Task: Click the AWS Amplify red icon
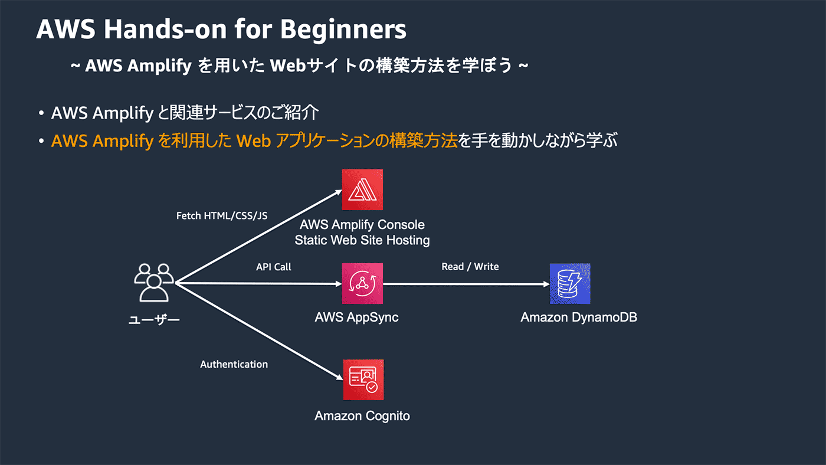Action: (362, 189)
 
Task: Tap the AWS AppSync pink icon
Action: (362, 283)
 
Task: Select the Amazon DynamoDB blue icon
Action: (569, 283)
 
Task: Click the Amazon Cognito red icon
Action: (363, 380)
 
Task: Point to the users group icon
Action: (153, 282)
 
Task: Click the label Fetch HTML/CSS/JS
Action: (222, 216)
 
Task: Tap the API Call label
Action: (274, 267)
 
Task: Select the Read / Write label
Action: (470, 267)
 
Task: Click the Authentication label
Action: (234, 364)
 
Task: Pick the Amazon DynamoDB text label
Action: (579, 317)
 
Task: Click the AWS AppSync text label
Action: (356, 317)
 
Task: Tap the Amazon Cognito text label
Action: (362, 416)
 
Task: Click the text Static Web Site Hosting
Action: (362, 240)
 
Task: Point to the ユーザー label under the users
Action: (154, 320)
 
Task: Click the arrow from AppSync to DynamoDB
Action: (466, 284)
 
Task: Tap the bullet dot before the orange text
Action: (41, 142)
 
